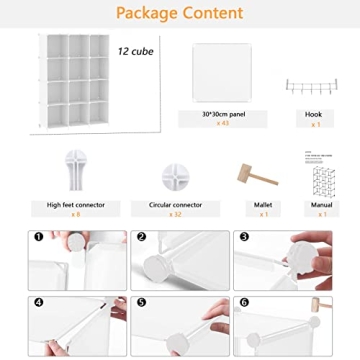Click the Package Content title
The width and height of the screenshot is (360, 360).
179,13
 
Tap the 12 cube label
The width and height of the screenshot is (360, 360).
136,50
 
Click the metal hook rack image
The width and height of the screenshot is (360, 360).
313,89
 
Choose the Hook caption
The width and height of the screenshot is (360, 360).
314,114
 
